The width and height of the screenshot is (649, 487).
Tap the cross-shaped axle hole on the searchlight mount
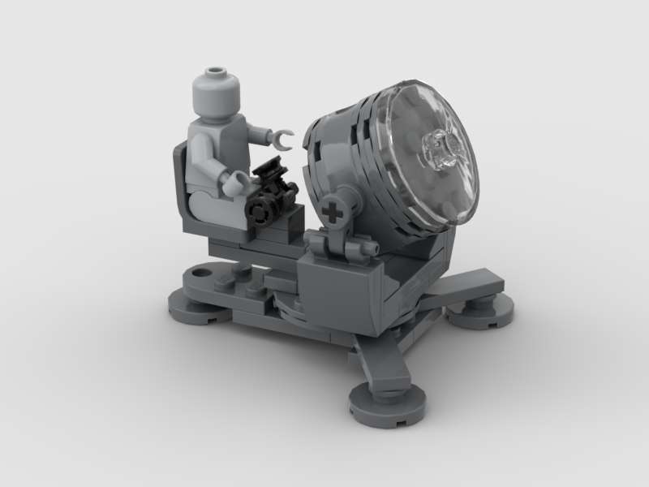(x=333, y=213)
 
